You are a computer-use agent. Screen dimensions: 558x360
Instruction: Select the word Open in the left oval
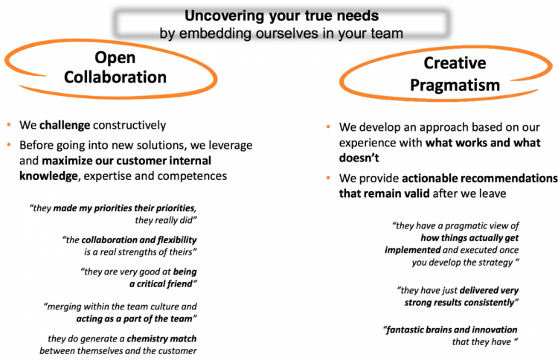(x=115, y=57)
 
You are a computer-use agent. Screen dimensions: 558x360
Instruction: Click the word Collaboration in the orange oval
(x=115, y=77)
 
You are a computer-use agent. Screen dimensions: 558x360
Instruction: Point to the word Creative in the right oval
(x=455, y=63)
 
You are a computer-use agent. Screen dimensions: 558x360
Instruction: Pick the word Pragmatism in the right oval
(x=455, y=85)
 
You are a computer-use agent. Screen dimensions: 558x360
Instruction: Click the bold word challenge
(x=65, y=125)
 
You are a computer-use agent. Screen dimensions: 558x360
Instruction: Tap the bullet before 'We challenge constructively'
(x=9, y=125)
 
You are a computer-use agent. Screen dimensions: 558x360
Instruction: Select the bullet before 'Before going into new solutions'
(x=9, y=145)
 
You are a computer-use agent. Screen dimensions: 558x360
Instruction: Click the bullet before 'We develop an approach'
(x=328, y=126)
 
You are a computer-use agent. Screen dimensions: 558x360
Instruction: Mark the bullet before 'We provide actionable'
(x=328, y=178)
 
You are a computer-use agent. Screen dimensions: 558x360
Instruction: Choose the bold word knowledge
(x=48, y=176)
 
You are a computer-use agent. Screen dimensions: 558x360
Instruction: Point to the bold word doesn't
(x=359, y=158)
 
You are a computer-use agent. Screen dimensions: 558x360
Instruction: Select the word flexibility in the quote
(x=177, y=240)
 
